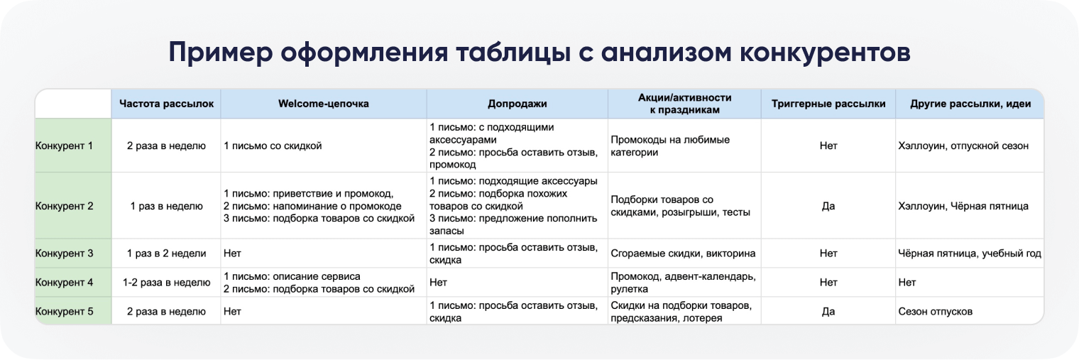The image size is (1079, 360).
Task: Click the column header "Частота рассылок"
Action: pyautogui.click(x=166, y=104)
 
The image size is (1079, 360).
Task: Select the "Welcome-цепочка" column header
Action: pyautogui.click(x=323, y=104)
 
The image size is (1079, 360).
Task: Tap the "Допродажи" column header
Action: pyautogui.click(x=517, y=104)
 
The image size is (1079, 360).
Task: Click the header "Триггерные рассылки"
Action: pyautogui.click(x=828, y=104)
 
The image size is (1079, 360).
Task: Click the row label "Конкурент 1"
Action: pyautogui.click(x=65, y=146)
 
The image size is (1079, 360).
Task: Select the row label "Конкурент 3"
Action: pyautogui.click(x=65, y=253)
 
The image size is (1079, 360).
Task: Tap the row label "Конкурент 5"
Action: pyautogui.click(x=65, y=312)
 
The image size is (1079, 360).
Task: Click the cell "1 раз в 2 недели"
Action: pyautogui.click(x=166, y=253)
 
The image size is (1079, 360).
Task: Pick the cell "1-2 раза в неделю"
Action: pyautogui.click(x=166, y=283)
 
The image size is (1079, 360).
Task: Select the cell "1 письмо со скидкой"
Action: pyautogui.click(x=273, y=146)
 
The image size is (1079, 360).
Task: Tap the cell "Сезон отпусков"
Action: pyautogui.click(x=935, y=312)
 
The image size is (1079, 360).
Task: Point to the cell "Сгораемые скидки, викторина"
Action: pyautogui.click(x=682, y=253)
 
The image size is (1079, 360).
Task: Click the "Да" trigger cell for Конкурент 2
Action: pyautogui.click(x=828, y=206)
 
